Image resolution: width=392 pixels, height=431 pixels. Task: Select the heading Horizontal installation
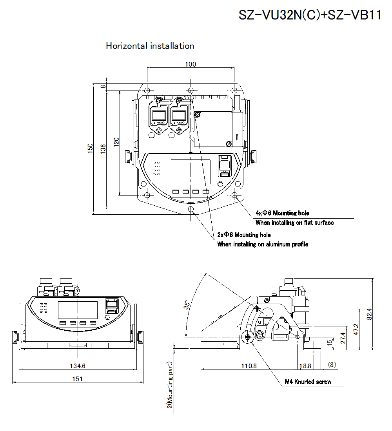[150, 46]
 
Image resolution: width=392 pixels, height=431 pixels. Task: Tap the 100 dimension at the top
[191, 64]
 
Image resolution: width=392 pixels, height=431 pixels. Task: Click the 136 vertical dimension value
[103, 148]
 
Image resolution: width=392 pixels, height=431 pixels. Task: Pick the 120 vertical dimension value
[116, 142]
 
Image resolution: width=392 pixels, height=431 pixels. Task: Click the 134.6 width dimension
[78, 366]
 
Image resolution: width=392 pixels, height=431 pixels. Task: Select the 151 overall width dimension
[78, 379]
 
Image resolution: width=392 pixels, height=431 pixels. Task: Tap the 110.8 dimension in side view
[249, 366]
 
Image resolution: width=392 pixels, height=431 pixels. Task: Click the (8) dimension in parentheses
[332, 364]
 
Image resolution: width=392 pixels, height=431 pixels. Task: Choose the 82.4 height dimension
[368, 314]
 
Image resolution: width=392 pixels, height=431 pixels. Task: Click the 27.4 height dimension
[343, 338]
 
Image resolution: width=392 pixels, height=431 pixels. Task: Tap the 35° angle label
[188, 305]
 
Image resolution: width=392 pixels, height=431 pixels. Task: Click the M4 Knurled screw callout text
[308, 382]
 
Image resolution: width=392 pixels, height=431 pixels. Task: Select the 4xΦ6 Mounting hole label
[282, 213]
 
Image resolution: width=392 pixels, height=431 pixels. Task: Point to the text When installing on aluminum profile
[263, 244]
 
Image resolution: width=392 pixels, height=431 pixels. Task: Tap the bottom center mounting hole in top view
[191, 209]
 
